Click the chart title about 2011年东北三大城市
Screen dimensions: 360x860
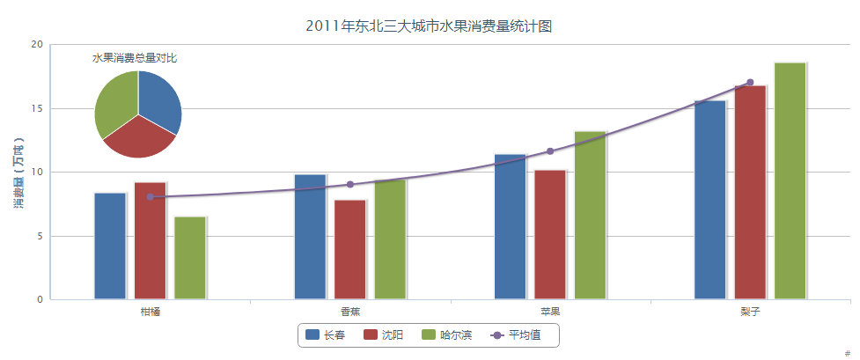click(x=429, y=26)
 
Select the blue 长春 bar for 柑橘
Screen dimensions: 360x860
click(x=110, y=246)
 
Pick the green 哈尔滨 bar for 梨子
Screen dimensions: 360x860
click(x=790, y=180)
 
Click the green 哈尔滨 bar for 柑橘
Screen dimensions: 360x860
click(x=190, y=258)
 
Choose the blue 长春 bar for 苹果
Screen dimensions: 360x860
click(x=510, y=226)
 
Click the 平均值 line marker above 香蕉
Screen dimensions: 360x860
click(x=350, y=184)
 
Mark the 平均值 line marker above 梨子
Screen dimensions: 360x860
click(x=750, y=82)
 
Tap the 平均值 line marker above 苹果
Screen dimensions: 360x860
click(x=550, y=151)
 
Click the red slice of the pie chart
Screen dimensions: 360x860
click(x=139, y=138)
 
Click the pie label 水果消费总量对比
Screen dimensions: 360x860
click(x=135, y=58)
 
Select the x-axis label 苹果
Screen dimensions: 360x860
click(x=550, y=312)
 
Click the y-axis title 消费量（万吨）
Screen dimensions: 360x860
click(x=18, y=173)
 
